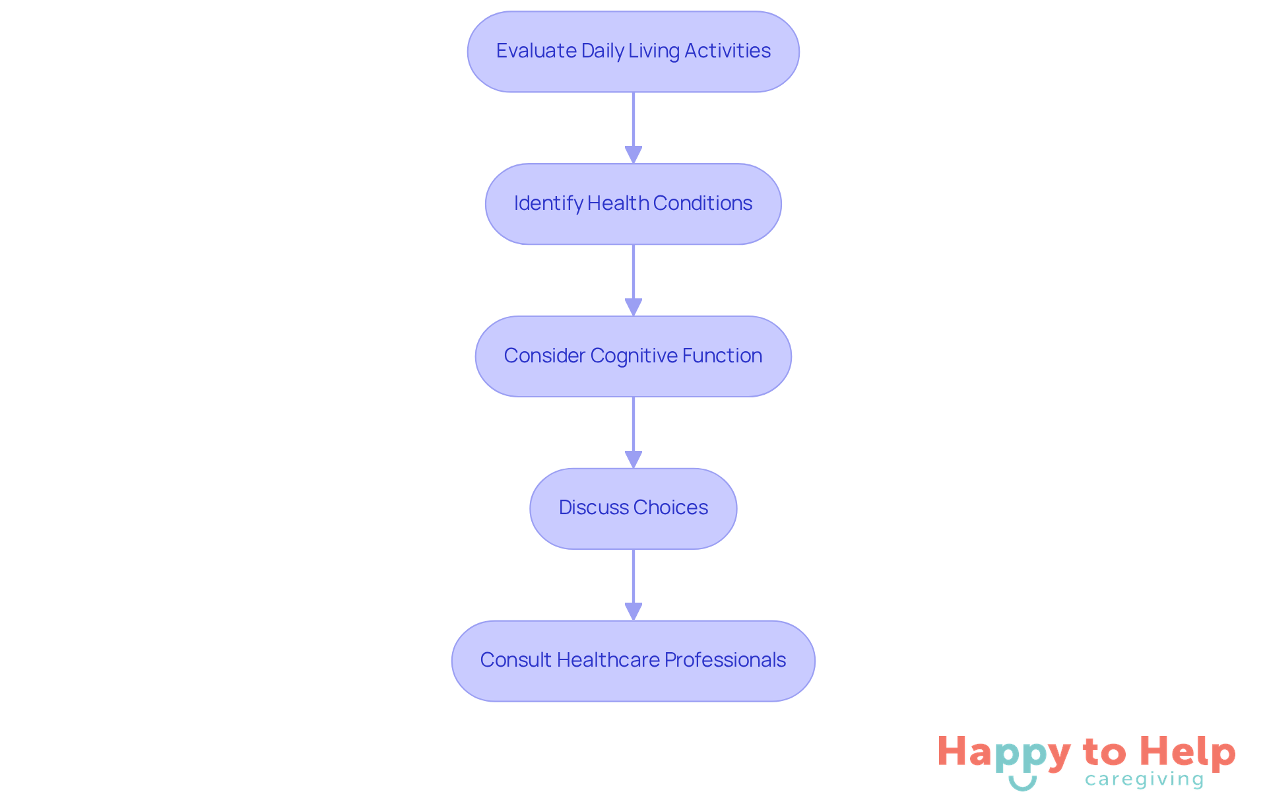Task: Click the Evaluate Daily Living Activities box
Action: [x=633, y=51]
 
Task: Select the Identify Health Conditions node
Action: [x=633, y=204]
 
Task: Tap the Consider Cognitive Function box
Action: [x=633, y=356]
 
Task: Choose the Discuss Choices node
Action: [x=633, y=508]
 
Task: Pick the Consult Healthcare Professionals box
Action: [x=633, y=661]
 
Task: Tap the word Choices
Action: [x=671, y=508]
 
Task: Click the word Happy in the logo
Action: [x=1004, y=753]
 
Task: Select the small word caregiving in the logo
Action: [x=1144, y=780]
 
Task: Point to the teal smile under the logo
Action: [x=1022, y=784]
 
